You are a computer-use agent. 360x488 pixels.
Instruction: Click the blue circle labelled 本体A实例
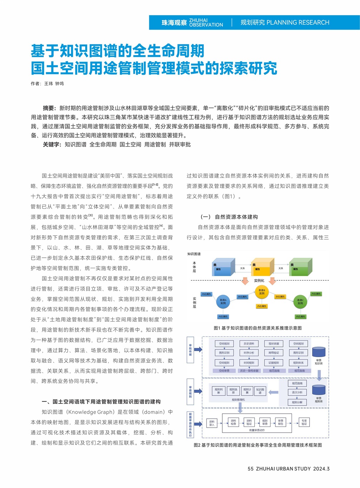coord(223,301)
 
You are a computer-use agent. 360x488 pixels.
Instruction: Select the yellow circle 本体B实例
coord(262,292)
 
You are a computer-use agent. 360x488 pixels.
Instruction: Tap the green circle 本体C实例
coord(300,301)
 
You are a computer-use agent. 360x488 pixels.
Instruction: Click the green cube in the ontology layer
coord(300,267)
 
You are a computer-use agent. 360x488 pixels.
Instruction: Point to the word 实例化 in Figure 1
coord(259,281)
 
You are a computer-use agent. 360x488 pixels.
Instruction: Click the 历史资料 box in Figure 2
coord(249,344)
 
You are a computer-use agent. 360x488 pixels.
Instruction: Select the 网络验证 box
coord(274,353)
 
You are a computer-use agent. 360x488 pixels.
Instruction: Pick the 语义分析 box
coord(297,392)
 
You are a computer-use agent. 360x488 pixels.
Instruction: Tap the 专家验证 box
coord(304,422)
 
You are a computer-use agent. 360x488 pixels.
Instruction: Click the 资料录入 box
coord(212,423)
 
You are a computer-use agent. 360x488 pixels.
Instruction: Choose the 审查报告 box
coord(281,422)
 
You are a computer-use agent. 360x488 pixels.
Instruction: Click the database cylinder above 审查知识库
coord(318,352)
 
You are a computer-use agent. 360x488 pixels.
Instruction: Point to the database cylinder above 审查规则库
coord(318,390)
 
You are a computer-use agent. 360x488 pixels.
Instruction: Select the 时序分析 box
coord(249,353)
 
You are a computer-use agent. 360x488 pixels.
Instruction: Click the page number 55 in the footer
coord(250,469)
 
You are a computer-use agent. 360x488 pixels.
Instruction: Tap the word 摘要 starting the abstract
coord(49,108)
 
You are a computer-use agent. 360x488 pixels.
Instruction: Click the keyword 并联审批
coord(180,144)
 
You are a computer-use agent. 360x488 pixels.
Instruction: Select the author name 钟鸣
coord(59,84)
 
